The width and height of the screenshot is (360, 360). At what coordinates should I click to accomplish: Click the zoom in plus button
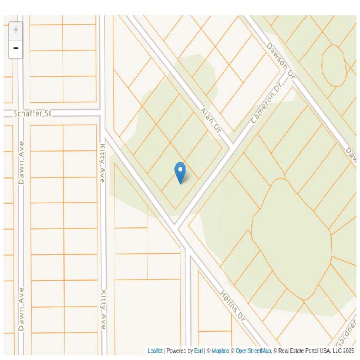coord(16,30)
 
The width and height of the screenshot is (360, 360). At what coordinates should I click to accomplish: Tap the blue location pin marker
coord(180,172)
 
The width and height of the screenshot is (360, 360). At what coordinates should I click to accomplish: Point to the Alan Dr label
coord(210,119)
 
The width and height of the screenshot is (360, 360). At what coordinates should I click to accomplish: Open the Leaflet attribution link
coord(155,351)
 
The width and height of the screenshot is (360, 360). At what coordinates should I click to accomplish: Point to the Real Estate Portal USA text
coord(305,351)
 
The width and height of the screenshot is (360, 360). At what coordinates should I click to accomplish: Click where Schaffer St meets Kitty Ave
coord(102,112)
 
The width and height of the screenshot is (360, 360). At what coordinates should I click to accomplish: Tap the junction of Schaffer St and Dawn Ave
coord(20,113)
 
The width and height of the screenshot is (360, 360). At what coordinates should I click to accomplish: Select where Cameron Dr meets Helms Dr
coord(176,225)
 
